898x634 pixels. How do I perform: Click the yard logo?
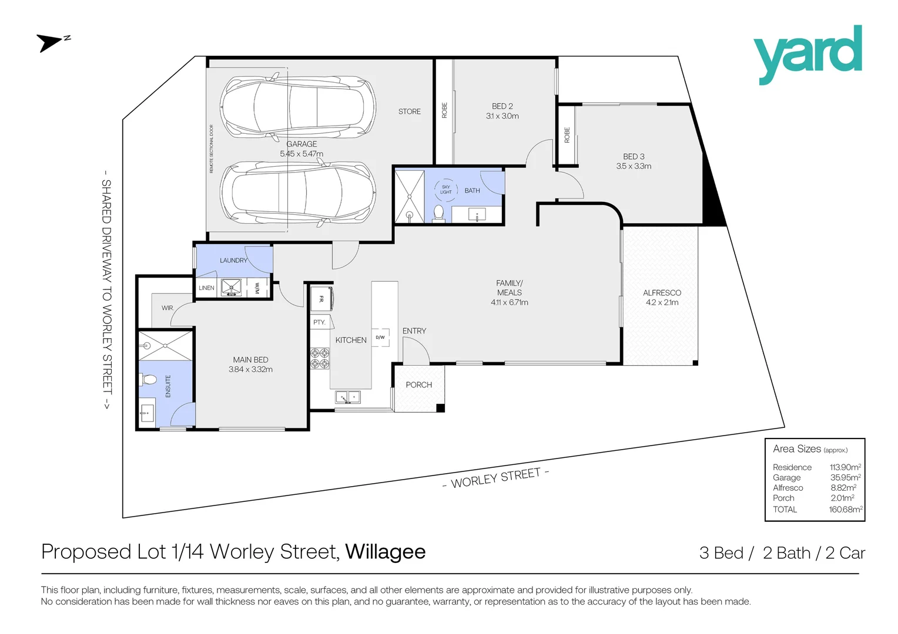[x=807, y=54]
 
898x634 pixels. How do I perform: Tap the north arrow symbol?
[x=52, y=42]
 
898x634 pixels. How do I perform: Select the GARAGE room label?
[x=301, y=144]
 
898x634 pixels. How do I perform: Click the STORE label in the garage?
[x=409, y=112]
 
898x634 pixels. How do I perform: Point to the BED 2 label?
[x=502, y=106]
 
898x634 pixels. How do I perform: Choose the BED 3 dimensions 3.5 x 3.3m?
[x=634, y=166]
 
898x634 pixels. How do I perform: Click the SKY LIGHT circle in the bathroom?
[x=446, y=190]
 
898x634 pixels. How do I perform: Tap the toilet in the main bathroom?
[x=438, y=213]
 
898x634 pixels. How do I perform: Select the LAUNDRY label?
[x=233, y=260]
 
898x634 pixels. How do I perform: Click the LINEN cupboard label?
[x=206, y=288]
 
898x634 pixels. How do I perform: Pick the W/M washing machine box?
[x=257, y=288]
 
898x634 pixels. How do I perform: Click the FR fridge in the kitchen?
[x=322, y=298]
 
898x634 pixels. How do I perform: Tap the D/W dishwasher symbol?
[x=380, y=338]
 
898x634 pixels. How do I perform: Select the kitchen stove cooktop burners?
[x=320, y=358]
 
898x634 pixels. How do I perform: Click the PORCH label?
[x=418, y=385]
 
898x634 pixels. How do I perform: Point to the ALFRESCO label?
[x=662, y=292]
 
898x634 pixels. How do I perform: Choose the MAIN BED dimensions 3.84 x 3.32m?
[x=250, y=369]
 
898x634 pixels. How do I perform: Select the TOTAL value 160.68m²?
[x=845, y=510]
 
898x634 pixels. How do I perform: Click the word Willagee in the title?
[x=385, y=552]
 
